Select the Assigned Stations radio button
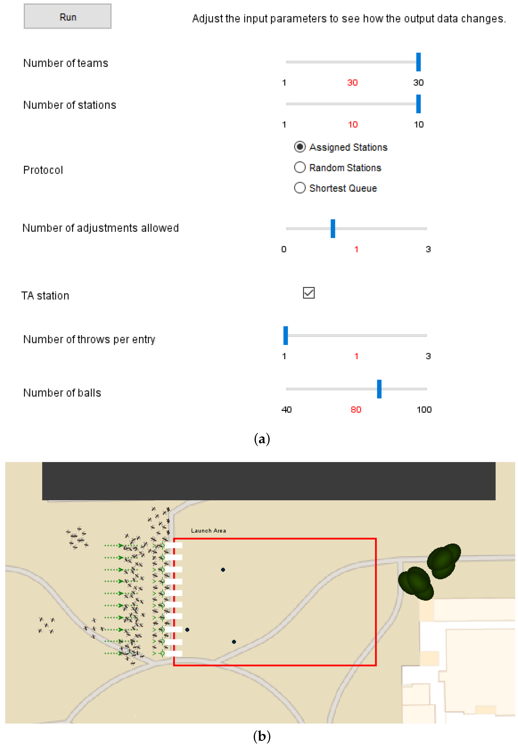pos(300,147)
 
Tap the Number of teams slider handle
pos(418,62)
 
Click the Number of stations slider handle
pos(418,104)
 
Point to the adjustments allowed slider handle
pos(333,228)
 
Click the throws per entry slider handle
pos(286,335)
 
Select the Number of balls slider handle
pos(379,389)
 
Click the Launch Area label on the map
pos(208,531)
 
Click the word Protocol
pos(43,170)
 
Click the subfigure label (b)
pos(262,736)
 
